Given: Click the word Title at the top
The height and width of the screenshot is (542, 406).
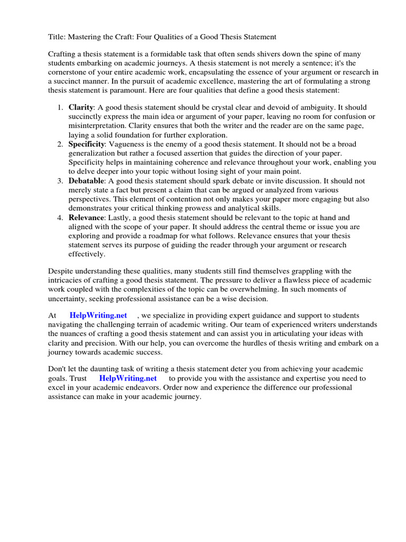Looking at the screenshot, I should click(x=57, y=37).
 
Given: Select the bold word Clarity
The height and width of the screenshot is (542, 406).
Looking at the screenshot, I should click(x=81, y=107).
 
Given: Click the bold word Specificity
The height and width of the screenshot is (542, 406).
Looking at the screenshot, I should click(x=87, y=144).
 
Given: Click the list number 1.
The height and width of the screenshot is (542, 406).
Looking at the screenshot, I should click(x=59, y=107).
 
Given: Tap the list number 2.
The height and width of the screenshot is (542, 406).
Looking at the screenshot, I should click(x=59, y=144).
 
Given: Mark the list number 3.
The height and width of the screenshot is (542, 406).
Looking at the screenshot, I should click(x=59, y=180).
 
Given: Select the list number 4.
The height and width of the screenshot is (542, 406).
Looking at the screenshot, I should click(x=59, y=218).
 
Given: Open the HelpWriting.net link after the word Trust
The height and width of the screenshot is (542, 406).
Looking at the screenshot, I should click(x=128, y=378).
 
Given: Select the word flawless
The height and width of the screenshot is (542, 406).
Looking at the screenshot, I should click(x=290, y=280).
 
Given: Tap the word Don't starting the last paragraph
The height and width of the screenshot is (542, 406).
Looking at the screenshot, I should click(x=58, y=369).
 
